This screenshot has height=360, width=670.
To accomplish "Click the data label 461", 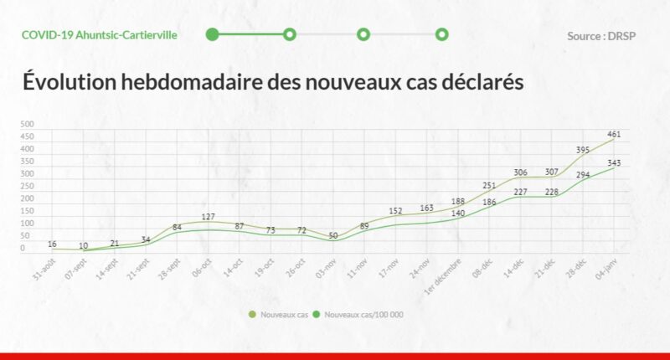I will [x=614, y=134].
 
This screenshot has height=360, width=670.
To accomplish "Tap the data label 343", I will [x=614, y=163].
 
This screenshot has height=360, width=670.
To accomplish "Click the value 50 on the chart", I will [x=333, y=236].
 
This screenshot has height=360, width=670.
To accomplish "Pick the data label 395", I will [x=583, y=151].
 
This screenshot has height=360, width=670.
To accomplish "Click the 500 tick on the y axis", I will [x=28, y=125].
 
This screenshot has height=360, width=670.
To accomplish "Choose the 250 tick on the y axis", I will [x=28, y=187].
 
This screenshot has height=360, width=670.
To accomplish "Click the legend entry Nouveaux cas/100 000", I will [x=363, y=315].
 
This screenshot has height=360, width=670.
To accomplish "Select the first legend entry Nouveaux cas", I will [x=281, y=315].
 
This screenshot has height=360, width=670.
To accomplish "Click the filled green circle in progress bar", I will [x=213, y=34].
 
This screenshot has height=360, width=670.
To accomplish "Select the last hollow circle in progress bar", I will [x=442, y=34].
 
